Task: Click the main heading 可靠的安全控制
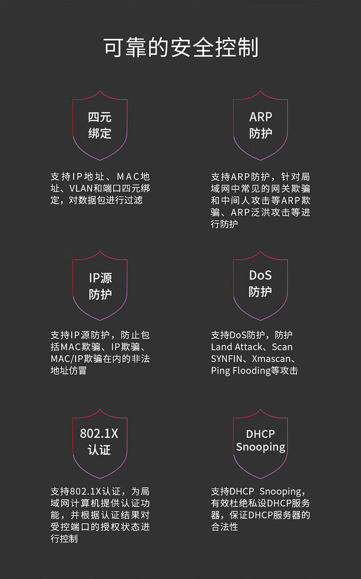181,47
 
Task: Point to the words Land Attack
237,347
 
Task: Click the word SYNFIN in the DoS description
227,359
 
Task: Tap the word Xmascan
271,359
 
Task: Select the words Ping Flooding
241,371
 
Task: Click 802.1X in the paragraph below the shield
86,492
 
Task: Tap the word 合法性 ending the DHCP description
224,527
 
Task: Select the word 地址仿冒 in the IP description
69,370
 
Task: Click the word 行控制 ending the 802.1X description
64,539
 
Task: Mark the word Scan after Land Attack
282,347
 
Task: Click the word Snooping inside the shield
260,447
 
